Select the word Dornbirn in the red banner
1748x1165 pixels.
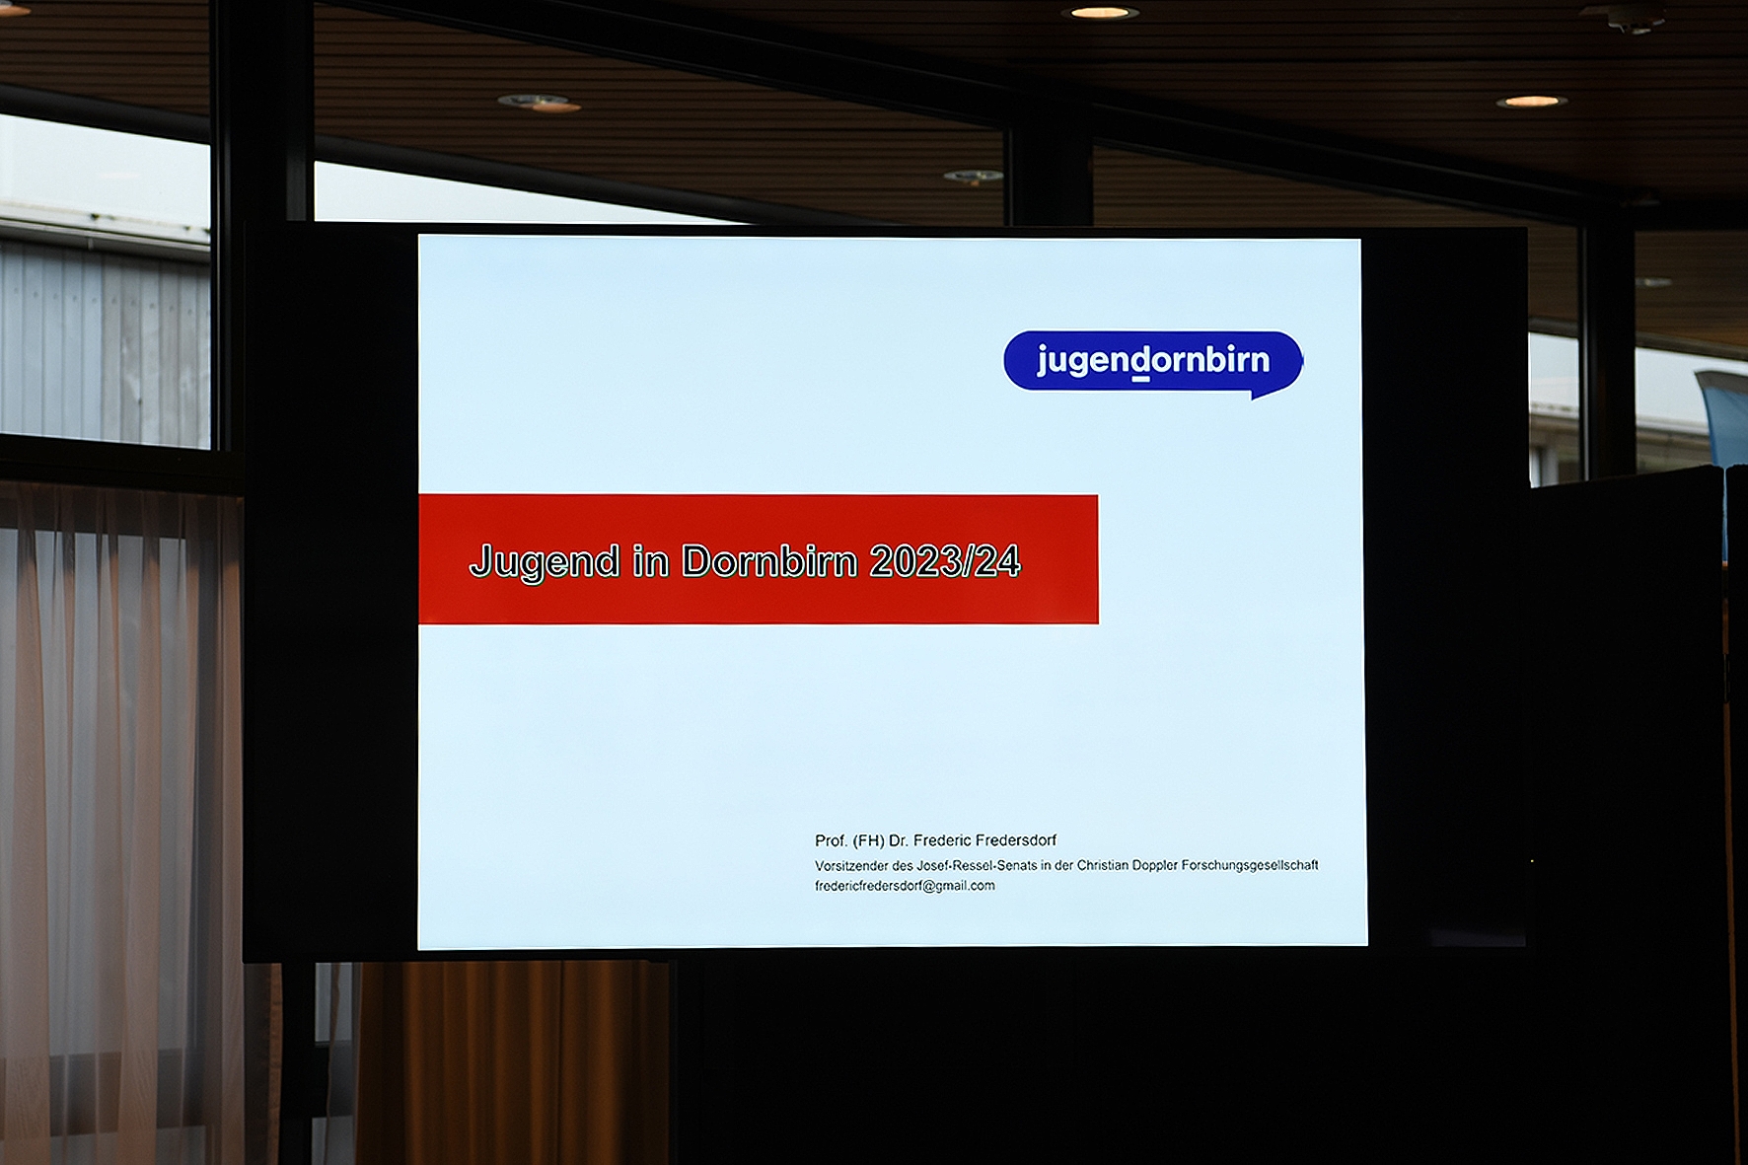769,560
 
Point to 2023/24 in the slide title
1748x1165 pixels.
945,560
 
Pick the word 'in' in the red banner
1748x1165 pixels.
650,560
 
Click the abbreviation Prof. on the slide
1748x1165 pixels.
831,840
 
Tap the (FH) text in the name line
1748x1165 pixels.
868,840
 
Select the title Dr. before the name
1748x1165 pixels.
899,840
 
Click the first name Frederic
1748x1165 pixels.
943,840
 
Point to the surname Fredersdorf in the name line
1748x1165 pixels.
1016,840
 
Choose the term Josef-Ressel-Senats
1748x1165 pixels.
977,865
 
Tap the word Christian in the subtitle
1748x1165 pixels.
1103,865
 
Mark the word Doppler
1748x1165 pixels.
1155,865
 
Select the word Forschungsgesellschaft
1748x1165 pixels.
1250,865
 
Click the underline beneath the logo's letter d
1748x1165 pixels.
1140,379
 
